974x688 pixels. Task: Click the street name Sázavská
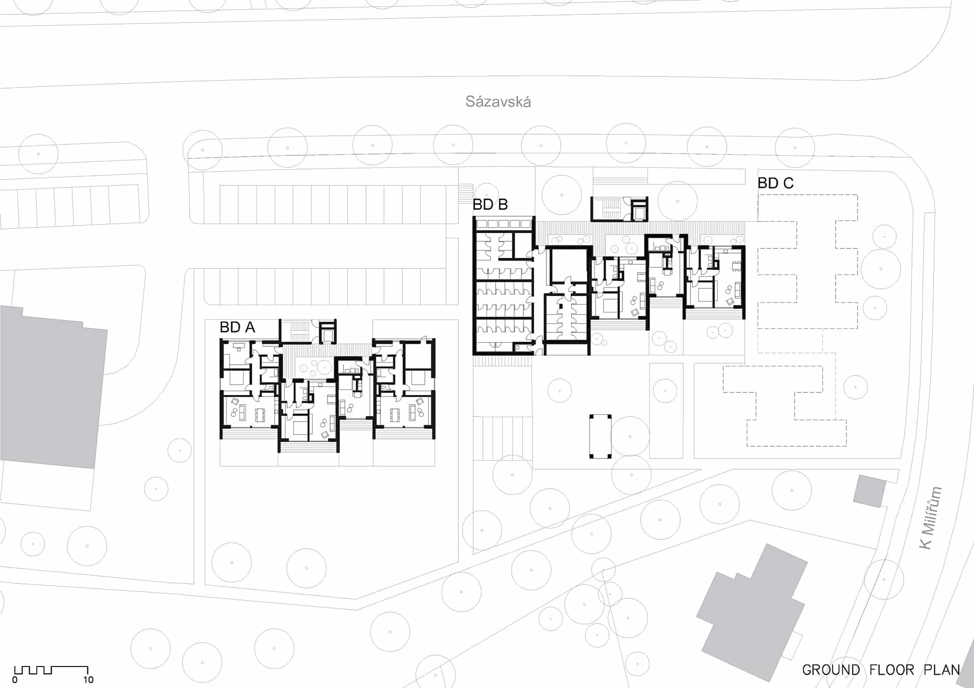coord(498,101)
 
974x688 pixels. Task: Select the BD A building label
coord(237,327)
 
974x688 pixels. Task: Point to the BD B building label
coord(490,204)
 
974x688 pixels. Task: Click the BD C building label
coord(776,183)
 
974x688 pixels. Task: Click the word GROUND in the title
coord(831,670)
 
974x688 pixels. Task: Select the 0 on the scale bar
coord(15,680)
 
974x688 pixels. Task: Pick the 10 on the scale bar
coord(88,680)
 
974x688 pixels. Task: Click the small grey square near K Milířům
coord(869,491)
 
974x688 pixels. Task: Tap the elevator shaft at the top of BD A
coord(327,333)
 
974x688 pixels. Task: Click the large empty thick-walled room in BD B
coord(568,265)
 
